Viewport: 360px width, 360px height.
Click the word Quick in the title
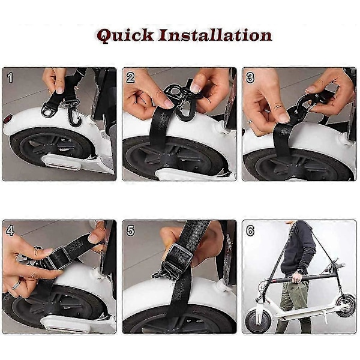click(x=125, y=35)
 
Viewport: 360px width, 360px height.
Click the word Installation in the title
click(x=215, y=35)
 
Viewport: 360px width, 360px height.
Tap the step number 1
click(x=10, y=77)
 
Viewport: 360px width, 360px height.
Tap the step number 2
click(x=130, y=77)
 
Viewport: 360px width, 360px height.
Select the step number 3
click(x=250, y=77)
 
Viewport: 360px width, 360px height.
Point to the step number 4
click(x=10, y=230)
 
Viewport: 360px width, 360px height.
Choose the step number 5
click(x=130, y=230)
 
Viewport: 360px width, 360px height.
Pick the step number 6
click(x=250, y=230)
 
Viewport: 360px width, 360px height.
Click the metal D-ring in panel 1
click(x=47, y=110)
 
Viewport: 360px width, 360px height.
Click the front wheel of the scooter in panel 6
click(x=257, y=321)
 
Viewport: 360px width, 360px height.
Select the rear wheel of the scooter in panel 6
click(x=345, y=305)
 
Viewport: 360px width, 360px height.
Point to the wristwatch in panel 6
click(x=299, y=272)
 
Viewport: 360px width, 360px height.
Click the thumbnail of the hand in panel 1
click(x=59, y=90)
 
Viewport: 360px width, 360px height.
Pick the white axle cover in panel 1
click(x=60, y=161)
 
